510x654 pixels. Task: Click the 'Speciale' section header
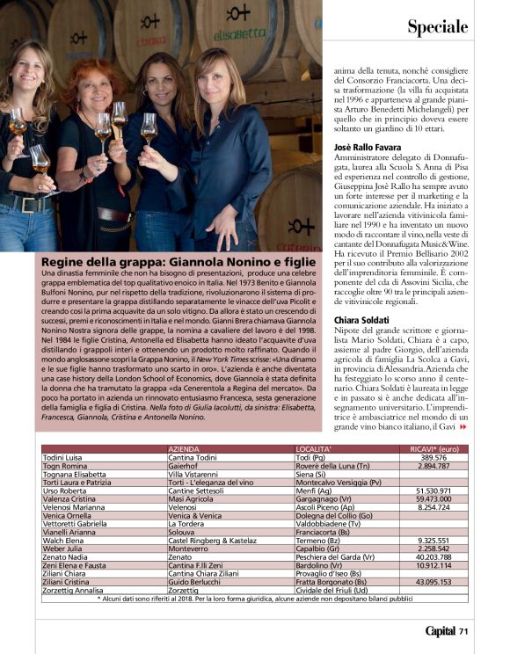pos(437,27)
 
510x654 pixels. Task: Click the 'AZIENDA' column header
pos(189,449)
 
